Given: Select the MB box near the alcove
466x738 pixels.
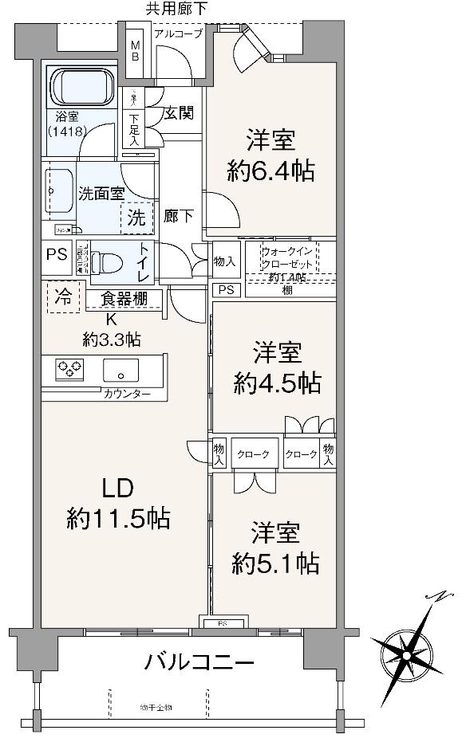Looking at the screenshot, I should click(134, 51).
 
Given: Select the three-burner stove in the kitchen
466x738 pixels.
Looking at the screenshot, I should click(69, 369).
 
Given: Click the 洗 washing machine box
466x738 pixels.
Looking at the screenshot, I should click(136, 216).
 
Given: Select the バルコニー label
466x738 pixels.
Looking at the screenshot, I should click(199, 661).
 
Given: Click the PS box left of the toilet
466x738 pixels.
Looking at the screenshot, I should click(57, 256).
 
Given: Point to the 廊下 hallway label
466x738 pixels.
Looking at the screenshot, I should click(176, 215).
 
